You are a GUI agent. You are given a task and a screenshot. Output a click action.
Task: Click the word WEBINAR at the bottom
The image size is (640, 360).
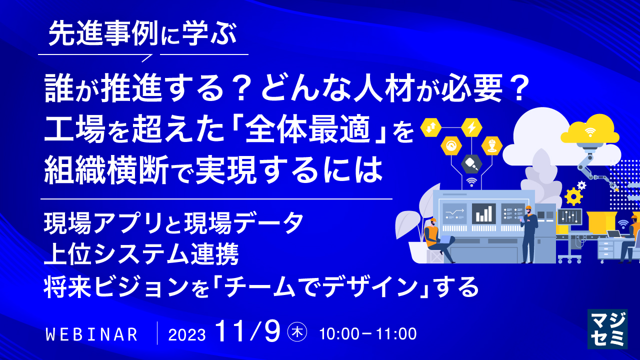point(91,334)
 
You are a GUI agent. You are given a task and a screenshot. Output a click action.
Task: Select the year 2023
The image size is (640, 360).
point(187,334)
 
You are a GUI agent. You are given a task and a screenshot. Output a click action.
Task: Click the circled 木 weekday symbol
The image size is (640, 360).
point(297,332)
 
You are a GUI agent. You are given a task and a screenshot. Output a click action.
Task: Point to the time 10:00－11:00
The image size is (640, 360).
point(367,333)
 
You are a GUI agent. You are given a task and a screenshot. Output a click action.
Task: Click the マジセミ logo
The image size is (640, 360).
point(606,328)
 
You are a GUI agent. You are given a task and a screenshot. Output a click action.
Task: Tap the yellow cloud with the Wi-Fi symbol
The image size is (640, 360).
point(590,130)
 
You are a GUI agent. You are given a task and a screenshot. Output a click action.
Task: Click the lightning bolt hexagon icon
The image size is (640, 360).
point(471,127)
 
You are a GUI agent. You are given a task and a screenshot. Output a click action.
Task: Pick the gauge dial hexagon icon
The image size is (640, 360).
point(451,145)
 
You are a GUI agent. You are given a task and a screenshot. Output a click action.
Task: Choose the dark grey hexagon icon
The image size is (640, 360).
point(471,163)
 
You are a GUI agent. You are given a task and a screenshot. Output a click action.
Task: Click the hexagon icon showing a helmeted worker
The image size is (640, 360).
point(491,145)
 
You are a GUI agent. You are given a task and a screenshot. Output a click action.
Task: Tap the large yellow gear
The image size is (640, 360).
point(573,196)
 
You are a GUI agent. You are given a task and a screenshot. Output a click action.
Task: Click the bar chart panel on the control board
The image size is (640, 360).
point(483,213)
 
